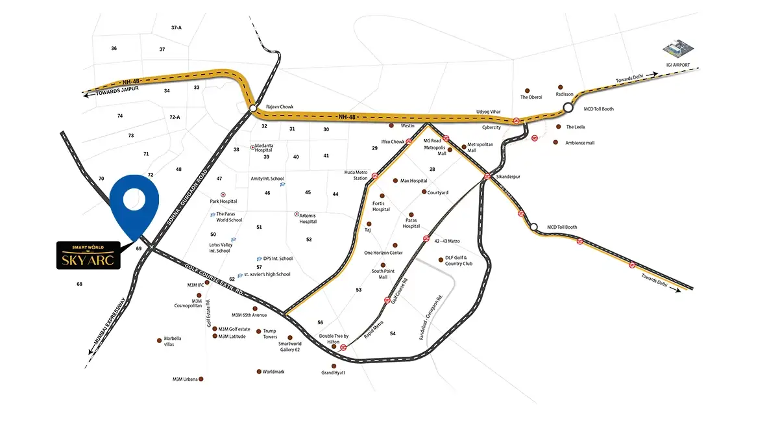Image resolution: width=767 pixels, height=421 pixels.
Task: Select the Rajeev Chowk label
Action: pyautogui.click(x=280, y=107)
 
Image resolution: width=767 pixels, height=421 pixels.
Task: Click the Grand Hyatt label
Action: pyautogui.click(x=334, y=373)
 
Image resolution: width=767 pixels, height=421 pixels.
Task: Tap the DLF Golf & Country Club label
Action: pyautogui.click(x=459, y=261)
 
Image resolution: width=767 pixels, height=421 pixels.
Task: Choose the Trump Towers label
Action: pyautogui.click(x=270, y=334)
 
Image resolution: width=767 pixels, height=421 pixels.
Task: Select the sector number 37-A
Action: pyautogui.click(x=177, y=28)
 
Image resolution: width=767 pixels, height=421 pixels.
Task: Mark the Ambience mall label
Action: pyautogui.click(x=579, y=143)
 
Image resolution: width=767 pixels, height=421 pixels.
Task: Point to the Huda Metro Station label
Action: pyautogui.click(x=356, y=175)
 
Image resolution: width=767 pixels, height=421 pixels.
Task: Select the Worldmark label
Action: pyautogui.click(x=273, y=372)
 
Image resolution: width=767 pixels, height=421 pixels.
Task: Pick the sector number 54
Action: pyautogui.click(x=393, y=333)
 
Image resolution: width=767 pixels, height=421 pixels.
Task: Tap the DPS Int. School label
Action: pyautogui.click(x=278, y=259)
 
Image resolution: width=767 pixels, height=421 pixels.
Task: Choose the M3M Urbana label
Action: pyautogui.click(x=184, y=379)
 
